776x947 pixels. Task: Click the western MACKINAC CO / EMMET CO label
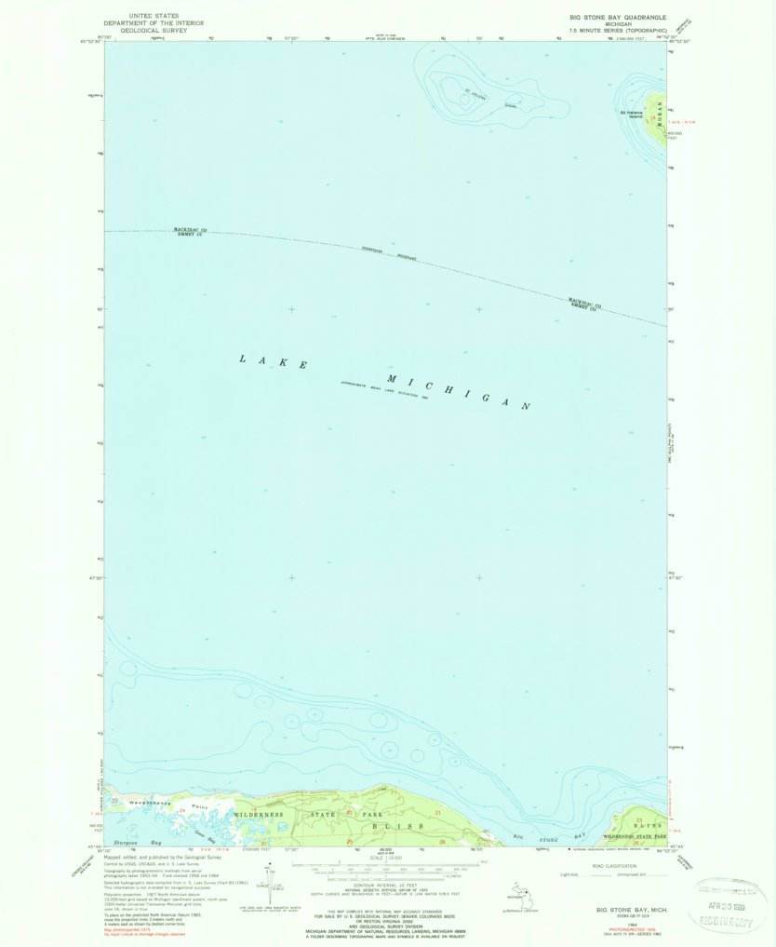click(x=189, y=232)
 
